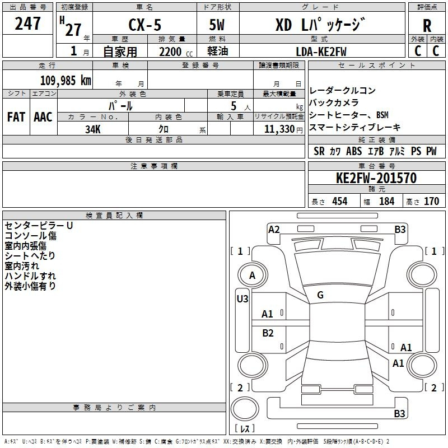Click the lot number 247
coord(27,24)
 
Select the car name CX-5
coord(145,25)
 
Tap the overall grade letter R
coord(427,26)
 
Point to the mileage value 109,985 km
coord(66,81)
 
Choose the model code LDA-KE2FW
coord(321,52)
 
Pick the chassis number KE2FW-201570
coord(376,178)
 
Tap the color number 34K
coord(93,129)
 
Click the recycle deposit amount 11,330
coord(279,129)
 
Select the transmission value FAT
coord(16,117)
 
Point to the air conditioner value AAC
coord(43,117)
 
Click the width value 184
coord(386,201)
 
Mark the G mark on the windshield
coord(320,295)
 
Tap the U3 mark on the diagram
coord(242,299)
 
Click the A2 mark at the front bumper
coord(274,230)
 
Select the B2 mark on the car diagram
coord(268,333)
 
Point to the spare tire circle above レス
coord(245,409)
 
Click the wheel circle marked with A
coord(253,275)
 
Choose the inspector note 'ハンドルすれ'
coord(30,276)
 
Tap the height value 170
coord(431,201)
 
